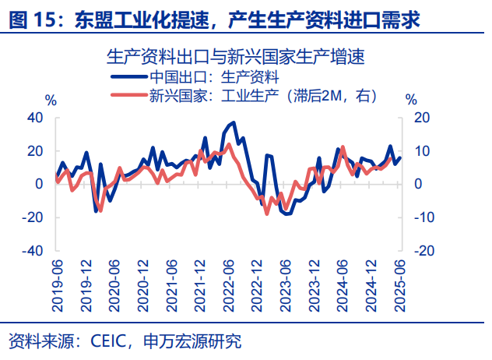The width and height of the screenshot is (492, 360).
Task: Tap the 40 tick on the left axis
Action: pyautogui.click(x=35, y=117)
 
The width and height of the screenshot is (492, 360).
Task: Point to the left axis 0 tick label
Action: pyautogui.click(x=39, y=184)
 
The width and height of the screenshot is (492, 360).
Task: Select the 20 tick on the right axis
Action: pyautogui.click(x=421, y=117)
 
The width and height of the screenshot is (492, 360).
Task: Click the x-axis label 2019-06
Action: pyautogui.click(x=57, y=285)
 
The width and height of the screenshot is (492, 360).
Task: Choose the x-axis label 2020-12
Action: pyautogui.click(x=142, y=285)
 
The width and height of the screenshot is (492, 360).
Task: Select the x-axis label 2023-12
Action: pyautogui.click(x=315, y=285)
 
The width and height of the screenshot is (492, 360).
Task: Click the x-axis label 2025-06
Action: pyautogui.click(x=400, y=285)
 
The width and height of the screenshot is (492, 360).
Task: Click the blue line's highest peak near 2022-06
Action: pyautogui.click(x=234, y=122)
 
